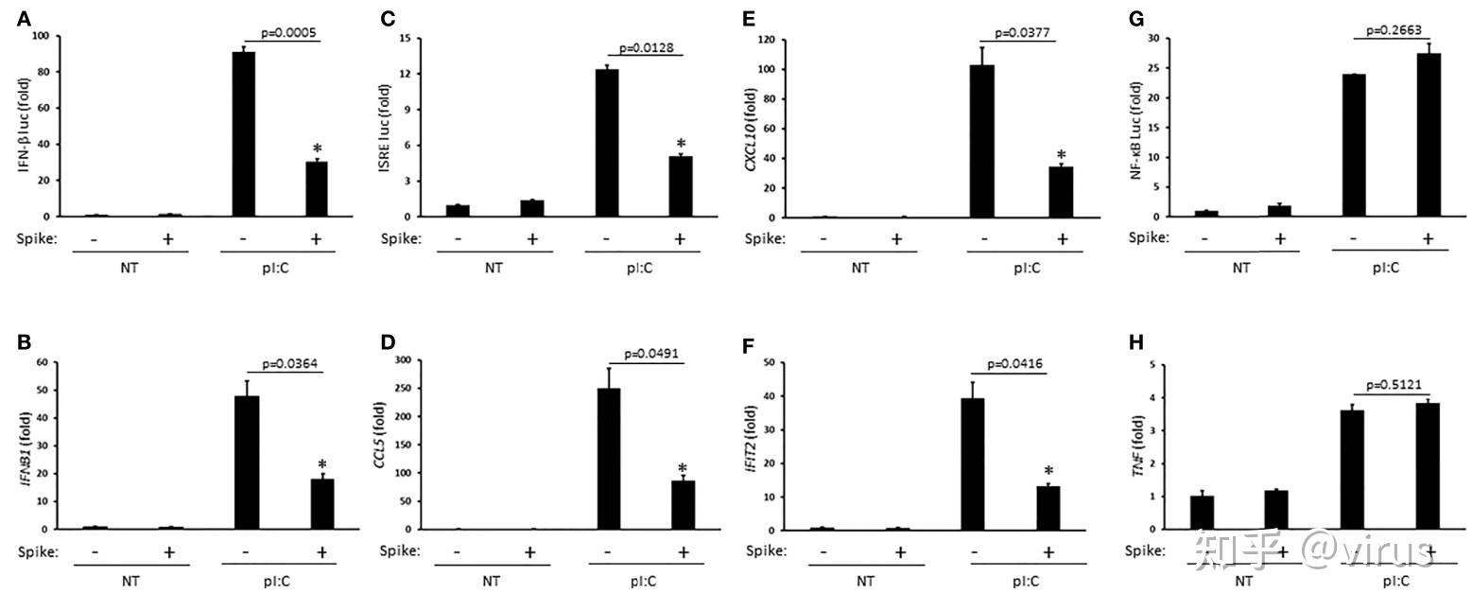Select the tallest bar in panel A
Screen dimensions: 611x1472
244,133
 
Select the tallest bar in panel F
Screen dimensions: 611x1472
973,463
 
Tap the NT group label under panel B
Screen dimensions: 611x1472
130,581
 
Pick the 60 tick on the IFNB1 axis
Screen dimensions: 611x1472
42,362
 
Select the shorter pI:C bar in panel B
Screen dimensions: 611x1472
323,504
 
